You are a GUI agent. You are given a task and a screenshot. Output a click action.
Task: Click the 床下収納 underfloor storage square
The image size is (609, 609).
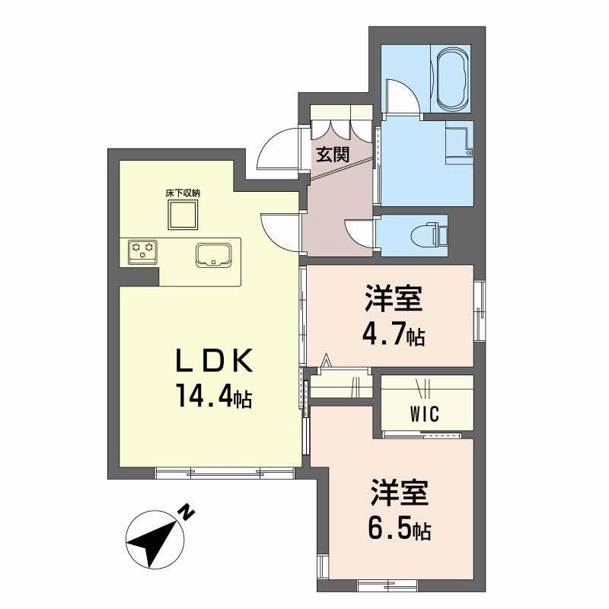pyautogui.click(x=183, y=215)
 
